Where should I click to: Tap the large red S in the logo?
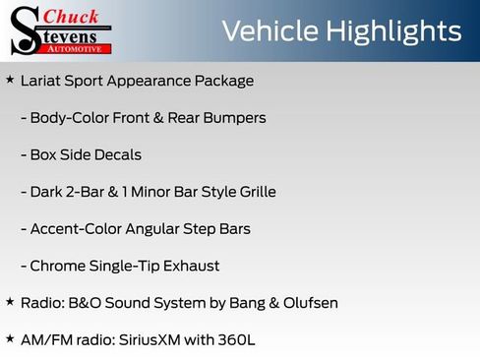25,30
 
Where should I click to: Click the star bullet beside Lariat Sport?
10,79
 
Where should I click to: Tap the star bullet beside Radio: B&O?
10,301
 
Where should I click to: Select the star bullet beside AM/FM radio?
10,337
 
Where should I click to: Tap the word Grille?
253,192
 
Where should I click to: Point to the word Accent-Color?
75,228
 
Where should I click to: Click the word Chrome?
57,266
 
